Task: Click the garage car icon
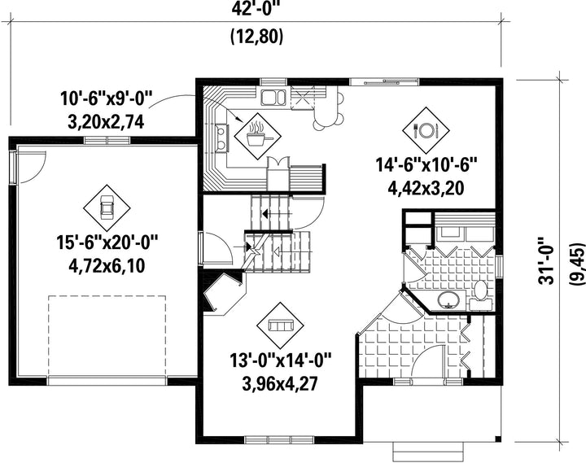pyautogui.click(x=107, y=207)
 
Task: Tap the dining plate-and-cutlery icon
pyautogui.click(x=426, y=130)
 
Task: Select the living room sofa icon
pyautogui.click(x=280, y=325)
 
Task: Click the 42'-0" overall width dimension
pyautogui.click(x=256, y=9)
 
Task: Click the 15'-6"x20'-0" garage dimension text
pyautogui.click(x=107, y=242)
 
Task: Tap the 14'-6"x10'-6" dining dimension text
pyautogui.click(x=426, y=165)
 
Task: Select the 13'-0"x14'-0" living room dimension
pyautogui.click(x=281, y=360)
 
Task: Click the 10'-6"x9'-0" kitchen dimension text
pyautogui.click(x=107, y=98)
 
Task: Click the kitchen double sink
pyautogui.click(x=273, y=97)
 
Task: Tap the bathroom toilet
pyautogui.click(x=481, y=295)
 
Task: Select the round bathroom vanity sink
pyautogui.click(x=448, y=300)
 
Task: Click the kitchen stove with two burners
pyautogui.click(x=221, y=138)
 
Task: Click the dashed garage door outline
pyautogui.click(x=107, y=336)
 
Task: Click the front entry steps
pyautogui.click(x=429, y=452)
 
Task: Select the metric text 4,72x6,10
pyautogui.click(x=107, y=266)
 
